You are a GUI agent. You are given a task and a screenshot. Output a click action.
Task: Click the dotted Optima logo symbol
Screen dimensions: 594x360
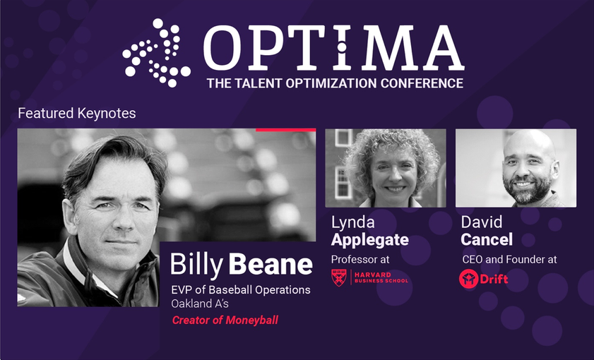click(x=157, y=53)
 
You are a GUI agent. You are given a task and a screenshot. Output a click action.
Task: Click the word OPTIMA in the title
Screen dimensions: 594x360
click(x=334, y=48)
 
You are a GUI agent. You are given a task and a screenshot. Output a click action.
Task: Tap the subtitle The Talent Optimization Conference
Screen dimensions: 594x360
click(x=335, y=83)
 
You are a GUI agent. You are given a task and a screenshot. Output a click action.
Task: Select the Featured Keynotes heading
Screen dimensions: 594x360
click(x=77, y=113)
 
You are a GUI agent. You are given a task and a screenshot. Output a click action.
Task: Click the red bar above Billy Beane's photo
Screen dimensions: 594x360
click(x=285, y=130)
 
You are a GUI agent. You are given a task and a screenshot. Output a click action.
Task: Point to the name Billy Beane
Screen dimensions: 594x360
click(x=242, y=264)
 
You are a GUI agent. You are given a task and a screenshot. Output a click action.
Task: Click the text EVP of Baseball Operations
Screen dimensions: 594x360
click(x=241, y=290)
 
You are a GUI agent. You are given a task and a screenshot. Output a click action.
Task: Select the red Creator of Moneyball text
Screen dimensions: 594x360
click(x=225, y=320)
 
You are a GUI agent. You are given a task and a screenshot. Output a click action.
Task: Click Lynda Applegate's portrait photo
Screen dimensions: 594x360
click(x=386, y=168)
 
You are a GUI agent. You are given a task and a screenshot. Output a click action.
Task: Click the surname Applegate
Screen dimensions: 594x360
click(x=369, y=239)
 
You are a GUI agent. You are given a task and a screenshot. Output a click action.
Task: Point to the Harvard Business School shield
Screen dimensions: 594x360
click(x=339, y=277)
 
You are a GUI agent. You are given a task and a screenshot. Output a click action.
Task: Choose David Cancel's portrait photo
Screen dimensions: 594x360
click(x=516, y=168)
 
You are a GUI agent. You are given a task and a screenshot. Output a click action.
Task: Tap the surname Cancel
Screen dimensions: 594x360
click(x=487, y=239)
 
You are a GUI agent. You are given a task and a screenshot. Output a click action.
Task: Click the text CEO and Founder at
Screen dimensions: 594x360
click(x=509, y=259)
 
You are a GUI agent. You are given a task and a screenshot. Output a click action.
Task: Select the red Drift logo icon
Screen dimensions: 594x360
click(x=468, y=279)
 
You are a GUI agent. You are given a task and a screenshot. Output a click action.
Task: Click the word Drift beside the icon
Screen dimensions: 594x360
click(x=494, y=279)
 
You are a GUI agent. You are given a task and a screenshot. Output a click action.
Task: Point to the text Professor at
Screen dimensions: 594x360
click(x=360, y=259)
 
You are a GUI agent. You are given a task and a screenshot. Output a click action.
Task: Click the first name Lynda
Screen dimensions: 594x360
click(x=352, y=222)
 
